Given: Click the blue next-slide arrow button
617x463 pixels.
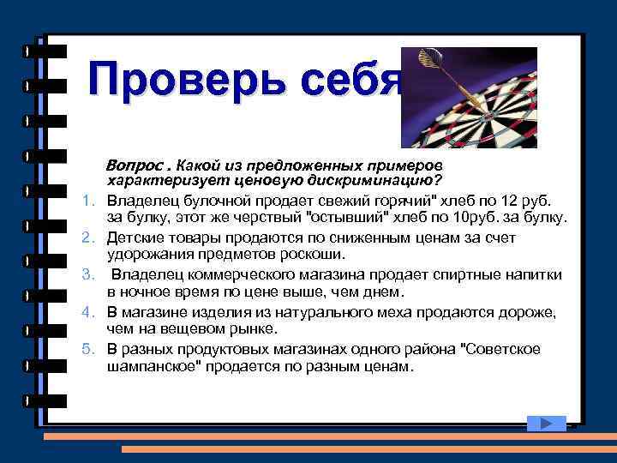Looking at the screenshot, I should click(x=543, y=422).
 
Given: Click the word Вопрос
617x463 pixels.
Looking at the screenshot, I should click(x=134, y=164).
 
